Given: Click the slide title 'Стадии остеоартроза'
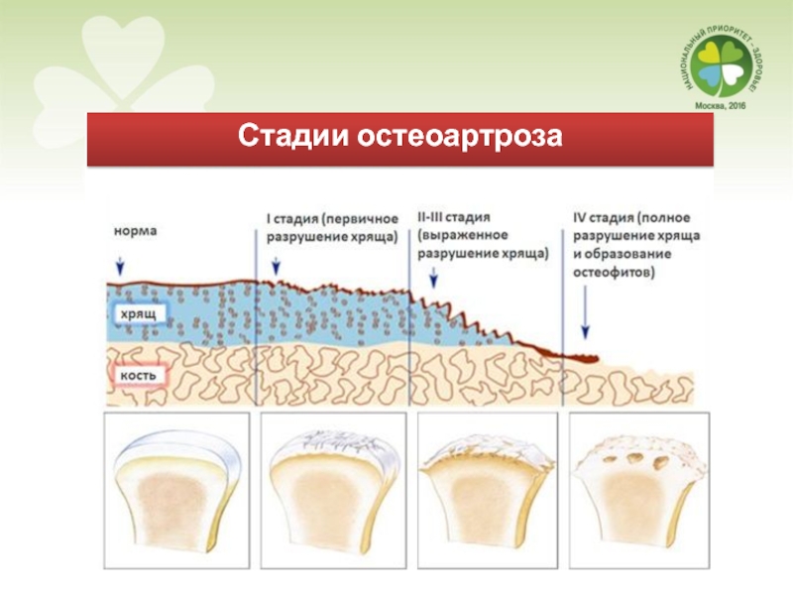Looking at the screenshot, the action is tap(398, 137).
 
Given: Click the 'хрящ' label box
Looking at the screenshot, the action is tap(138, 313).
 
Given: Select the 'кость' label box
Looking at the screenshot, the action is tap(138, 378).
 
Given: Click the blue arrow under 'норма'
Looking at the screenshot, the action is tap(121, 264).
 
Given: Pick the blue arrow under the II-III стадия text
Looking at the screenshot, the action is tap(431, 281).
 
